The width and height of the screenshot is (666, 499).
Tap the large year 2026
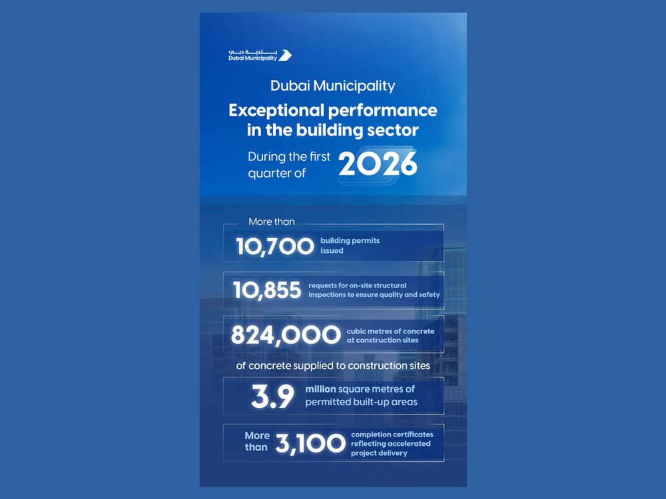[378, 164]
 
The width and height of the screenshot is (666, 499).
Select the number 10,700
[274, 246]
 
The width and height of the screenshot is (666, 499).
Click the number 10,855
[267, 290]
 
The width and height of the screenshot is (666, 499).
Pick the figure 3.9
[272, 397]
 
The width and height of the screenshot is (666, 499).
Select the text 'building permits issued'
[350, 246]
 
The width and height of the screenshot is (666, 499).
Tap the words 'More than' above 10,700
[271, 222]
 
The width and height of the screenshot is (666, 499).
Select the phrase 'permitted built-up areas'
[361, 402]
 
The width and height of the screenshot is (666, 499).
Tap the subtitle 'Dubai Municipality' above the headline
[332, 86]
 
